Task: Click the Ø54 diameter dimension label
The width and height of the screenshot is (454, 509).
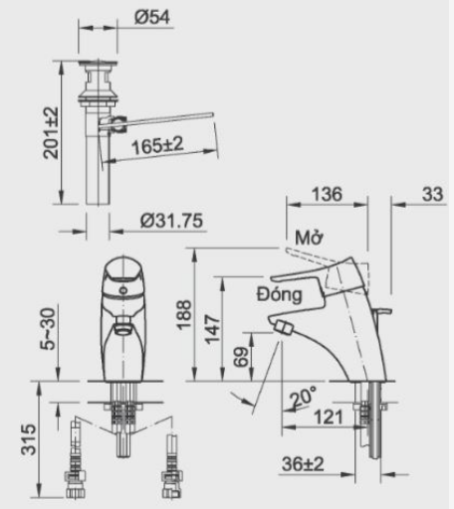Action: (152, 17)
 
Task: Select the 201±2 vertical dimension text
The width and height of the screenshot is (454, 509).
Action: (51, 133)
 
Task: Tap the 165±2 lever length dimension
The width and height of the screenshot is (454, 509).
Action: (157, 145)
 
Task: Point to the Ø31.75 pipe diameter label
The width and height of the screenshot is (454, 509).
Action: (171, 221)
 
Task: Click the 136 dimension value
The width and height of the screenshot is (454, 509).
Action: (327, 194)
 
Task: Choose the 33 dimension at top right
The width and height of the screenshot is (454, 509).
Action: (432, 194)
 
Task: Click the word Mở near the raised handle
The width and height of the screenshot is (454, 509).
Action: (309, 238)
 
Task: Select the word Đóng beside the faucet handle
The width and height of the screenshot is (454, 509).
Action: (280, 294)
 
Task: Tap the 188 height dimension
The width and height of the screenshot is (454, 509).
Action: (184, 315)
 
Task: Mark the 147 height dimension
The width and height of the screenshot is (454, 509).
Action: (212, 329)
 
